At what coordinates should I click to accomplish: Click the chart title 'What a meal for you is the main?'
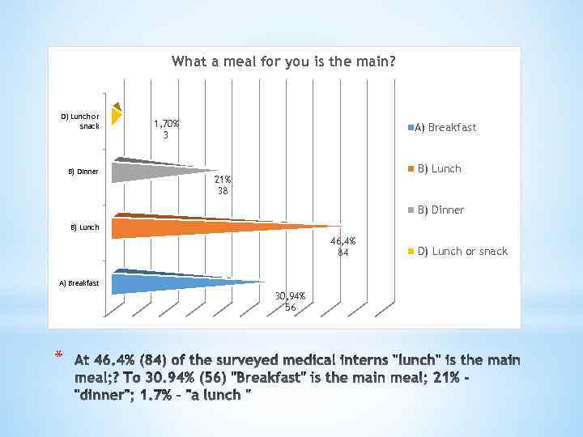(x=283, y=62)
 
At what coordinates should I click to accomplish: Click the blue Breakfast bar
(x=170, y=282)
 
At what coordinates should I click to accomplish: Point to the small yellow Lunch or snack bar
(x=116, y=115)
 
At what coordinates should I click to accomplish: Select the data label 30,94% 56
(x=290, y=302)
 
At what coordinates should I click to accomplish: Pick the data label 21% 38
(x=223, y=185)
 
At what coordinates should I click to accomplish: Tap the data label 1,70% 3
(x=167, y=129)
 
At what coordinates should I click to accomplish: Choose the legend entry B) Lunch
(x=439, y=168)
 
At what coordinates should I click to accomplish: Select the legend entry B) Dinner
(x=440, y=210)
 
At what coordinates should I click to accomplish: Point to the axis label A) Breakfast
(x=79, y=283)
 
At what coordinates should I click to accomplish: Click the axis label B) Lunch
(x=84, y=227)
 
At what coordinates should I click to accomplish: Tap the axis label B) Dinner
(x=83, y=172)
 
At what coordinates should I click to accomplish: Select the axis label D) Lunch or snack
(x=80, y=121)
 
